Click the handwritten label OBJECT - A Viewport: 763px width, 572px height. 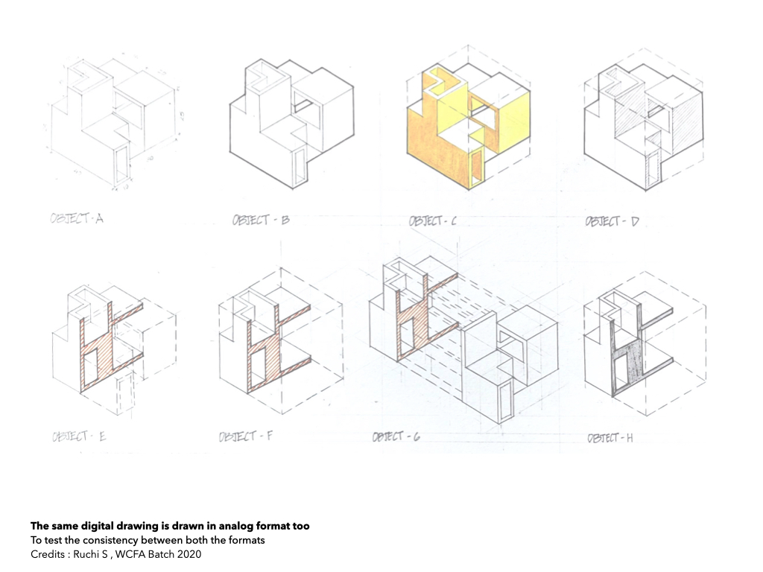click(x=77, y=218)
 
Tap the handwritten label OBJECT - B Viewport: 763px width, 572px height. click(x=261, y=220)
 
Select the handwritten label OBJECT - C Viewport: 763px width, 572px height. click(x=433, y=221)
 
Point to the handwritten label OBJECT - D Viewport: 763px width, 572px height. click(x=612, y=221)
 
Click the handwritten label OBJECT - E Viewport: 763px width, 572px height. click(x=79, y=436)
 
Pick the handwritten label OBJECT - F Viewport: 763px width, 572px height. click(x=246, y=436)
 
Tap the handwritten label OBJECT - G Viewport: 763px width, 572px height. click(x=396, y=436)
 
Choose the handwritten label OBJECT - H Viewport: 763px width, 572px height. click(x=610, y=438)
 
